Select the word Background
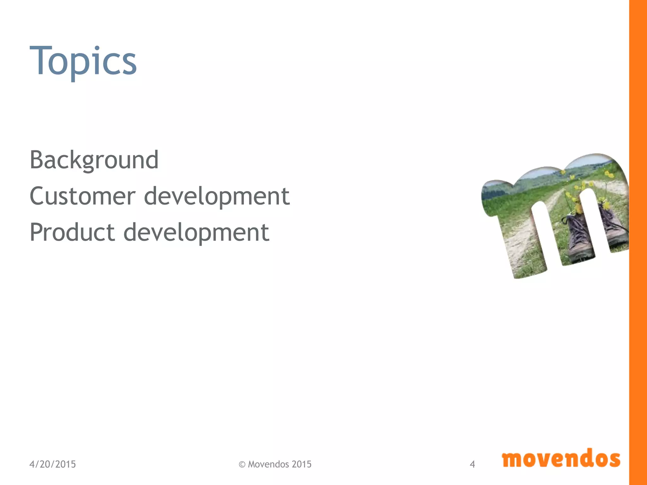coord(94,160)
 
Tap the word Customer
coord(82,196)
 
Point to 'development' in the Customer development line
coord(217,197)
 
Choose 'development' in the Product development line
coord(196,233)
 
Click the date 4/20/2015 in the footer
coord(52,464)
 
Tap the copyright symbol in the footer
coord(242,464)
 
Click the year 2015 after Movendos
coord(301,464)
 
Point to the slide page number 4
coord(472,464)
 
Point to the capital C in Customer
coord(38,196)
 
